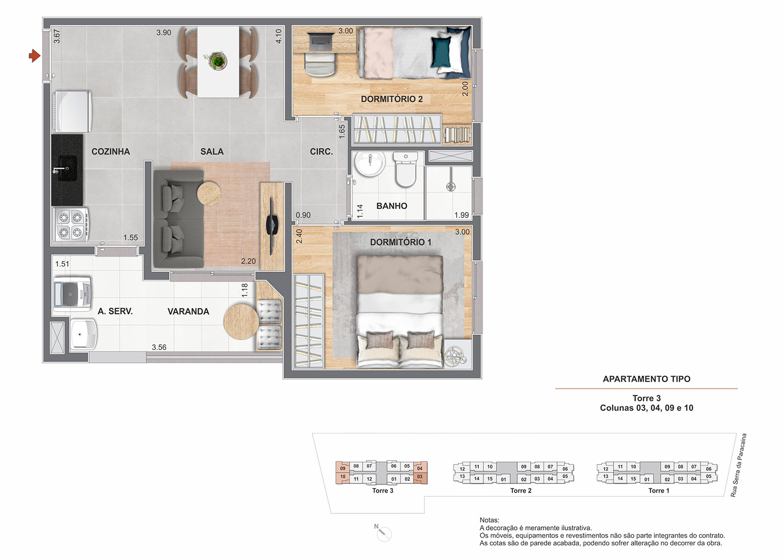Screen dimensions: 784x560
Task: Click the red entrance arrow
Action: click(x=35, y=55)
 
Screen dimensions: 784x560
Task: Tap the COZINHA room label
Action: click(x=110, y=151)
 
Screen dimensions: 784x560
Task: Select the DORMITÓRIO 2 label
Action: click(x=392, y=99)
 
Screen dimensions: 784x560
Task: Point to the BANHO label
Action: click(x=392, y=206)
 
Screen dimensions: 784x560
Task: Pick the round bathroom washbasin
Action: click(x=369, y=164)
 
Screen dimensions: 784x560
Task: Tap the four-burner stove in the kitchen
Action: click(x=70, y=225)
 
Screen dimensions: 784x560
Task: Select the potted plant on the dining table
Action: click(x=218, y=61)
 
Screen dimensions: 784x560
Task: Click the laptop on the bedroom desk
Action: click(x=320, y=40)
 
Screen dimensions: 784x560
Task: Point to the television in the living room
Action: click(x=272, y=226)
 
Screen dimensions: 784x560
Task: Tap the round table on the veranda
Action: click(x=241, y=322)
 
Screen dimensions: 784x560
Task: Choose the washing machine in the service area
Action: click(x=73, y=295)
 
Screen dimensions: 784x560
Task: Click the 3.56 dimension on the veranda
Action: click(x=159, y=347)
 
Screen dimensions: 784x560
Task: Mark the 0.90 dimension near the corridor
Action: click(x=303, y=215)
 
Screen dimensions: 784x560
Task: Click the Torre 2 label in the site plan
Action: click(x=521, y=491)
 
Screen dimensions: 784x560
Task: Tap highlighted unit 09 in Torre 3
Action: click(x=343, y=468)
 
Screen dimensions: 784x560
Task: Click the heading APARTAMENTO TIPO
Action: click(x=647, y=379)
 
